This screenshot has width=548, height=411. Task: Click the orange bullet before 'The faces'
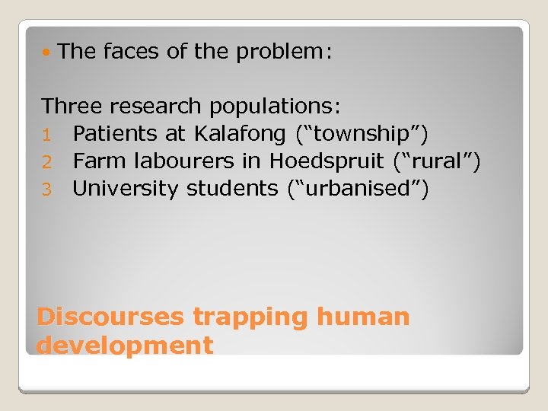[48, 53]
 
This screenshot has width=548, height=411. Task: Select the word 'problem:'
[285, 53]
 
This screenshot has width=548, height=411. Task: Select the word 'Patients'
[115, 134]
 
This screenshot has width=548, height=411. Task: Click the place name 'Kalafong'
[241, 134]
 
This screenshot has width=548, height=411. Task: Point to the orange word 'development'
[125, 346]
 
